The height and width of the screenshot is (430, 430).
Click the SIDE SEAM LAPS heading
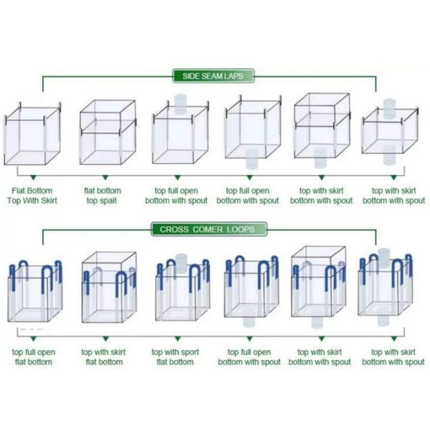214,76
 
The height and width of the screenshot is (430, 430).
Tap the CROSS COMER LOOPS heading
209,229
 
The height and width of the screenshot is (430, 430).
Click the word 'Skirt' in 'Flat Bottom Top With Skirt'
45,201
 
